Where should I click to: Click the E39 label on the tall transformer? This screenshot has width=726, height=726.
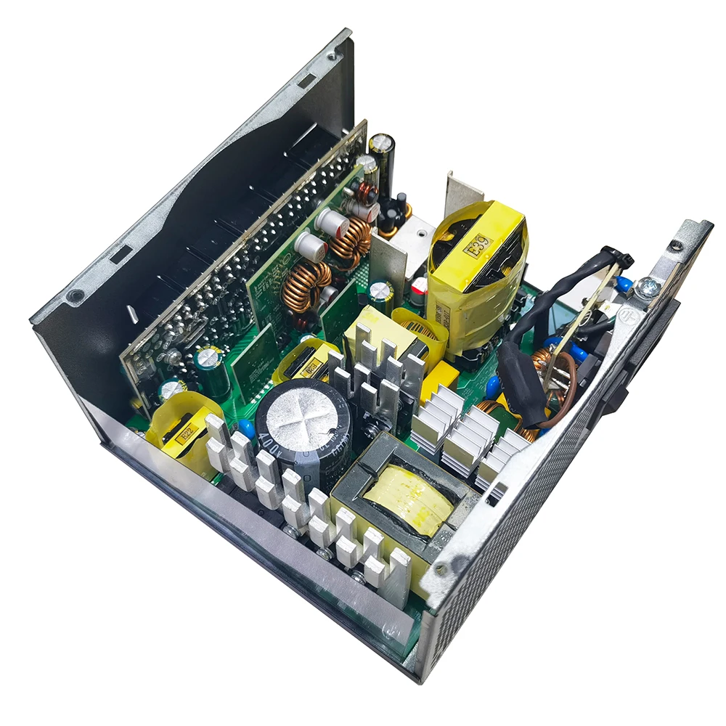(480, 247)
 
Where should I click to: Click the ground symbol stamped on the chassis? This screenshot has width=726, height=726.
(623, 313)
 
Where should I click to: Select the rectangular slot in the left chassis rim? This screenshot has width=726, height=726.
(120, 255)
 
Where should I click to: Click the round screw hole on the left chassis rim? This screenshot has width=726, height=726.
(74, 295)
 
